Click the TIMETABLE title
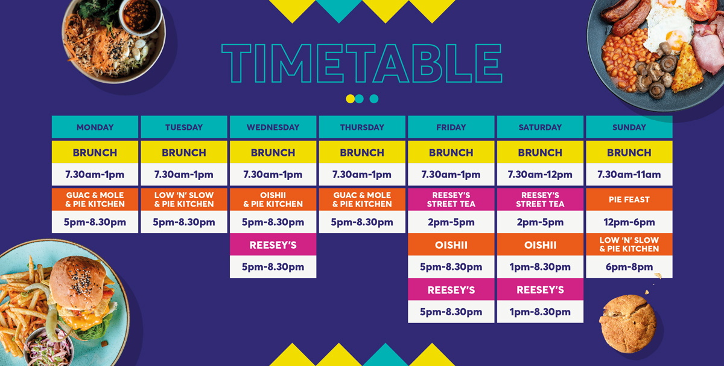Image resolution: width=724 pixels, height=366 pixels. pyautogui.click(x=361, y=63)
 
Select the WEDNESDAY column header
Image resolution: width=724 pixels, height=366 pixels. pyautogui.click(x=273, y=127)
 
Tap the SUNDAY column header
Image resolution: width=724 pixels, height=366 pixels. pyautogui.click(x=629, y=127)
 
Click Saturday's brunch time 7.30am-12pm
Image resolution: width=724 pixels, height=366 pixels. pyautogui.click(x=540, y=175)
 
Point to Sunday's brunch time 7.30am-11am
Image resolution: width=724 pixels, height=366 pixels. pyautogui.click(x=629, y=175)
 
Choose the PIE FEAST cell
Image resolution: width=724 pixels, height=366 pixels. pyautogui.click(x=629, y=200)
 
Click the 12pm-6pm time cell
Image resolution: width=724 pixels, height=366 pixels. pyautogui.click(x=629, y=222)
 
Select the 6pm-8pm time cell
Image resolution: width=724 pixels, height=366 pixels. pyautogui.click(x=629, y=267)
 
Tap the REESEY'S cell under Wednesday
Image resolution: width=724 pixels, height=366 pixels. pyautogui.click(x=273, y=245)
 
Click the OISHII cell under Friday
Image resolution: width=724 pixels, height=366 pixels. pyautogui.click(x=451, y=245)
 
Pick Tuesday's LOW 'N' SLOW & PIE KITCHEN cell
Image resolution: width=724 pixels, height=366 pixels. pyautogui.click(x=184, y=200)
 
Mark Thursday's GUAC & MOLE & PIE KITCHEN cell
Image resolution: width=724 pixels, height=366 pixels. pyautogui.click(x=362, y=200)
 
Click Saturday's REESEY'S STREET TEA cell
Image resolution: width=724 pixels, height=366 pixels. pyautogui.click(x=540, y=200)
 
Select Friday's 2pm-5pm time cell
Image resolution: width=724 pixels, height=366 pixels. pyautogui.click(x=451, y=222)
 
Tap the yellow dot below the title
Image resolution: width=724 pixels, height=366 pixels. pyautogui.click(x=350, y=98)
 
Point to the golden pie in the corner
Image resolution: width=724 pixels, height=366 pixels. pyautogui.click(x=628, y=324)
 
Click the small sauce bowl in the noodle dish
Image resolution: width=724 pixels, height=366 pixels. pyautogui.click(x=141, y=15)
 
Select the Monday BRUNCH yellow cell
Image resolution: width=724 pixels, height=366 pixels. pyautogui.click(x=95, y=152)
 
